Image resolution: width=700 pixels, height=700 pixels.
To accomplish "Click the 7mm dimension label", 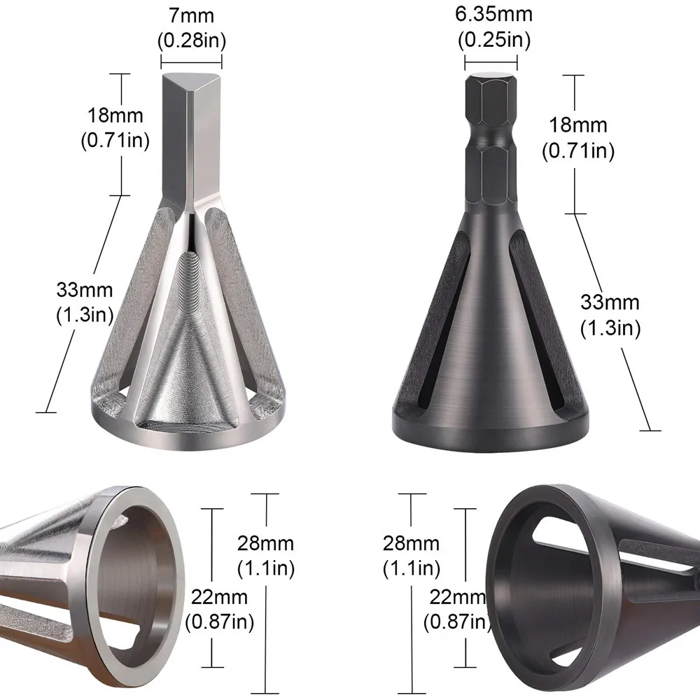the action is pyautogui.click(x=191, y=15).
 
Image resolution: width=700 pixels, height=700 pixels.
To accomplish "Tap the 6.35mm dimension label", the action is pyautogui.click(x=493, y=14).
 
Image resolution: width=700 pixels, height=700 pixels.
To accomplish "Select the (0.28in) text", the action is pyautogui.click(x=192, y=41).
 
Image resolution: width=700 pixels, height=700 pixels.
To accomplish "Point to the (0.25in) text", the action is pyautogui.click(x=494, y=40).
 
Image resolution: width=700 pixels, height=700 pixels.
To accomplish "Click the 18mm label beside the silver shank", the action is pyautogui.click(x=115, y=115).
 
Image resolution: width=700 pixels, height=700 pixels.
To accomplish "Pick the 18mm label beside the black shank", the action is pyautogui.click(x=577, y=125).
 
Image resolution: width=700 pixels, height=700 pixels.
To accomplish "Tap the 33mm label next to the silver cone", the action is pyautogui.click(x=85, y=290).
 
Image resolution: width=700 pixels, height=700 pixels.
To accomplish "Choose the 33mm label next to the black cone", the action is pyautogui.click(x=610, y=302).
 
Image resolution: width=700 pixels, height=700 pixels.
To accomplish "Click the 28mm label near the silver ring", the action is pyautogui.click(x=265, y=543).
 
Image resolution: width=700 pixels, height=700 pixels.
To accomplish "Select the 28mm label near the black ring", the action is pyautogui.click(x=411, y=543).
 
